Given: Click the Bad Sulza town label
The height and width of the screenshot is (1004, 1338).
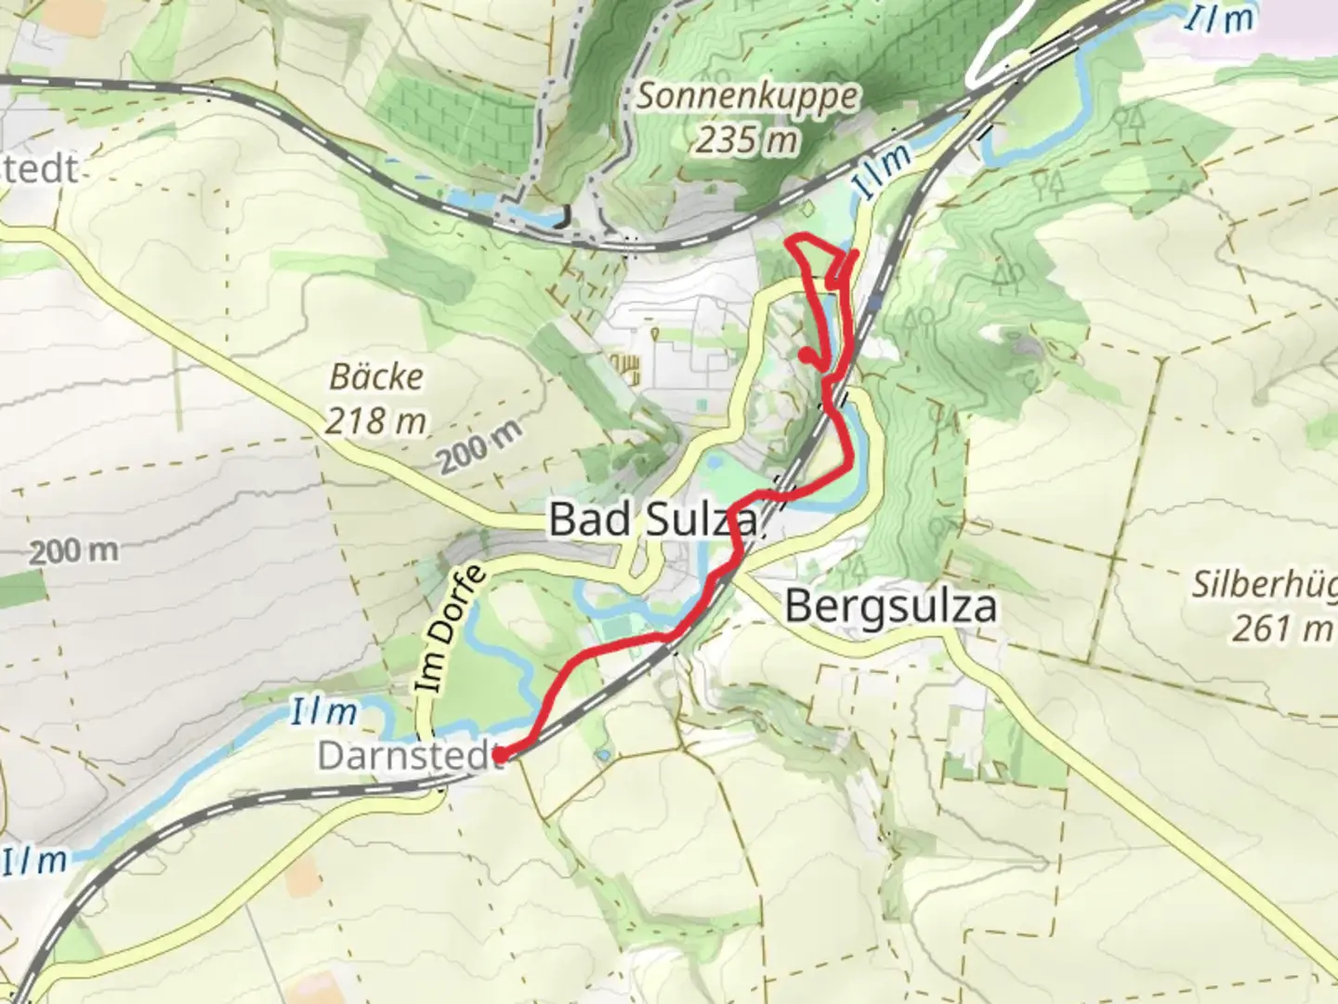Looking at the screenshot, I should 652,519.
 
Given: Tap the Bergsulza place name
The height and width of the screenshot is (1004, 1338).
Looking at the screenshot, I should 891,606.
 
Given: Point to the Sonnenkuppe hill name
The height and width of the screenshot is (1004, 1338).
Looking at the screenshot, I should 748,97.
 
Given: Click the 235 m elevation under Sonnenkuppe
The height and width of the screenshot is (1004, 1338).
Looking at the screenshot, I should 746,139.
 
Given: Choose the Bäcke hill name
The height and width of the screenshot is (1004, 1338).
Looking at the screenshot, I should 376,376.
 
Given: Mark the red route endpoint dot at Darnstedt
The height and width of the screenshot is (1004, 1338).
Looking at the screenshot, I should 499,758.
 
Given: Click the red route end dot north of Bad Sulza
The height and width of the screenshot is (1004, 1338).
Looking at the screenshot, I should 805,353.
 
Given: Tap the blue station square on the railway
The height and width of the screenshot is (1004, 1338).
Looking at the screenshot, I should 878,301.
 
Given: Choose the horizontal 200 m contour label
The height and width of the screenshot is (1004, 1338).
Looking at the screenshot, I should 73,550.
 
